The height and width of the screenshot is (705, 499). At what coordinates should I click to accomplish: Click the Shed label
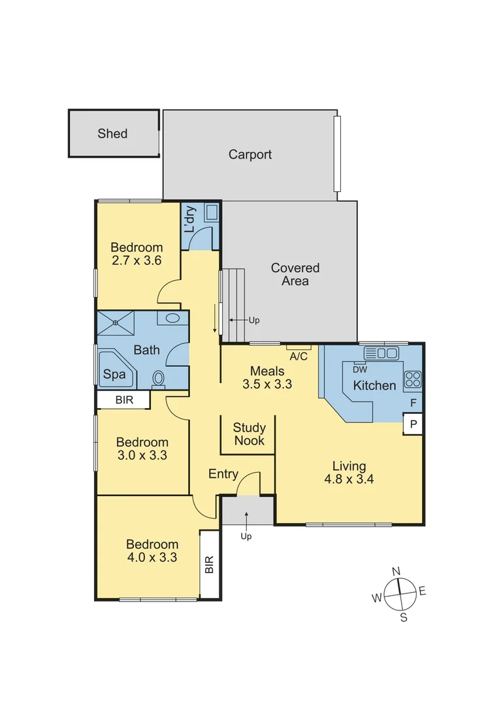point(112,134)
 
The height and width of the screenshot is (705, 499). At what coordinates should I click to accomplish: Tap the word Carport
point(249,155)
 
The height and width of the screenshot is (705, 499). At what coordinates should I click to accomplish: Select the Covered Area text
point(295,274)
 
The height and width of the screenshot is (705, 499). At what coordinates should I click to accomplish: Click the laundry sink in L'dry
point(211,213)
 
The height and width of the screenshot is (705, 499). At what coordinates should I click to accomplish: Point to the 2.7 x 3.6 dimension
point(136,260)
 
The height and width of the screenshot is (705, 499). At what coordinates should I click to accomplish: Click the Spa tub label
point(114,375)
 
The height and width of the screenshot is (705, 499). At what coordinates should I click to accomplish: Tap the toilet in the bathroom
point(158,379)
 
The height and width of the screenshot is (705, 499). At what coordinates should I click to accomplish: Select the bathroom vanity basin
point(172,319)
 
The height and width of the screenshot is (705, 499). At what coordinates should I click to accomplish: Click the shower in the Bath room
point(116,321)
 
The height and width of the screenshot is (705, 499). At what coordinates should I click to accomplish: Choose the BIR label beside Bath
point(124,399)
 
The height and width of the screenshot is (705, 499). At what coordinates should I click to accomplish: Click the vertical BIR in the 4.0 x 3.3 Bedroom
point(209,565)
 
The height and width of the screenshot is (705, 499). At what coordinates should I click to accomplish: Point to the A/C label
point(298,356)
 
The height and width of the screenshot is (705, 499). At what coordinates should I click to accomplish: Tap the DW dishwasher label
point(360,369)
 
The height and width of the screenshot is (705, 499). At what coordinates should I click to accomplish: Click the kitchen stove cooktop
point(412,379)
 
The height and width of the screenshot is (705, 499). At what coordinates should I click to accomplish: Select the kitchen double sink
point(381,353)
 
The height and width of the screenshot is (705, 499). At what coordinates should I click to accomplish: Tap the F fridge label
point(413,403)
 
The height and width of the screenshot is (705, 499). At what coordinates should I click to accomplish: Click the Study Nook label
point(249,434)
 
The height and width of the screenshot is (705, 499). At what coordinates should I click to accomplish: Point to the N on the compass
point(396,571)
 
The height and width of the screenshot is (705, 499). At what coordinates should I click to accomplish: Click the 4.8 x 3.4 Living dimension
point(349,478)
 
